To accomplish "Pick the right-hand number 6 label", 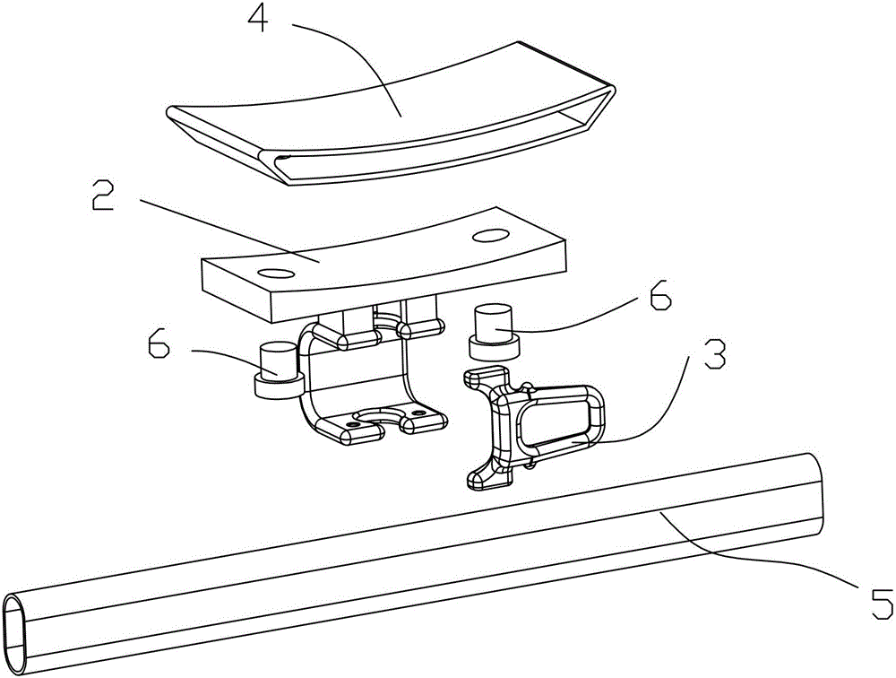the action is tap(660, 296).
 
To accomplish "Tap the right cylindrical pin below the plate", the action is tap(494, 332).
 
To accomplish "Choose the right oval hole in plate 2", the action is tap(490, 235).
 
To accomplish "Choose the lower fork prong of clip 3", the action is tap(488, 476).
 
